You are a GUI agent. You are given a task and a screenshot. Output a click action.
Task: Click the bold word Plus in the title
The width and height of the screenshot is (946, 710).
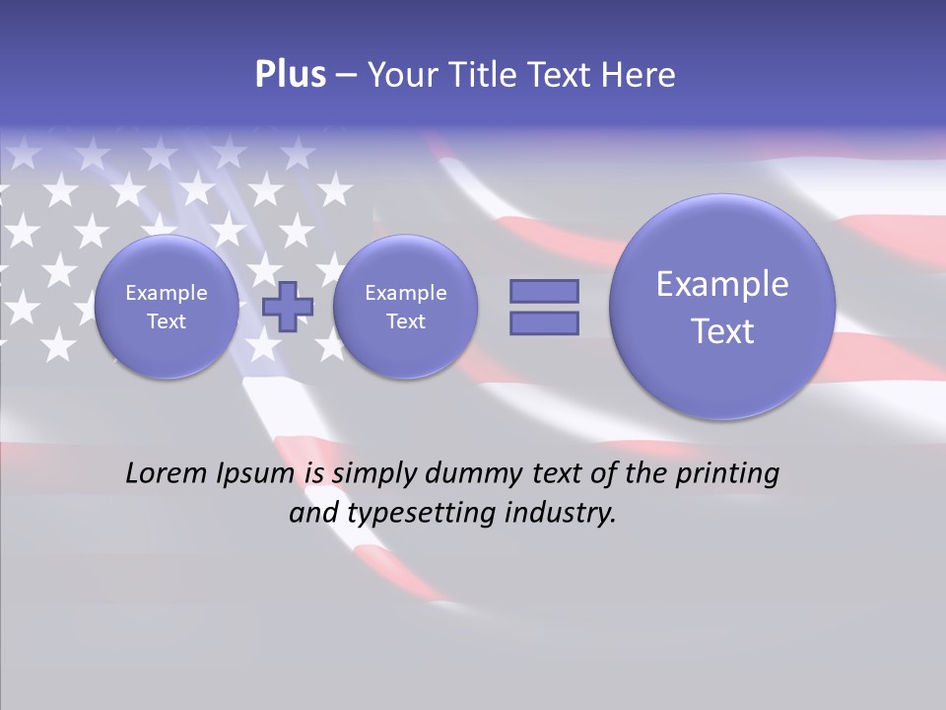pos(290,75)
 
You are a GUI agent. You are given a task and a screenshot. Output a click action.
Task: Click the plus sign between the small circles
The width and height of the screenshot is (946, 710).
pos(288,306)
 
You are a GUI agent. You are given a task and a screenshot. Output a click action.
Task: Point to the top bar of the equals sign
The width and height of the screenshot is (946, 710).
pos(544,291)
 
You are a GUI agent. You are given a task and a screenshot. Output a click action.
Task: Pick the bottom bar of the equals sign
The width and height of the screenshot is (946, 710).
pos(544,323)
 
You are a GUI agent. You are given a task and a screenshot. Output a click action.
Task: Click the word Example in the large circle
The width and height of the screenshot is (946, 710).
pos(722,284)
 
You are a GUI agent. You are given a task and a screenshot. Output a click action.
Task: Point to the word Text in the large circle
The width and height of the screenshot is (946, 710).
pos(722,331)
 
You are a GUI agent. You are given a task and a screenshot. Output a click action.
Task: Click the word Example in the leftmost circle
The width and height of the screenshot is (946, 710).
pos(167,293)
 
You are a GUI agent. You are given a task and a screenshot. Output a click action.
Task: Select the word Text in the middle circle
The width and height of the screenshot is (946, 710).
pos(405,321)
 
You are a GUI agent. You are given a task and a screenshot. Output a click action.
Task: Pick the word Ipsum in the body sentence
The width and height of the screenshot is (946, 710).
pos(255,473)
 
